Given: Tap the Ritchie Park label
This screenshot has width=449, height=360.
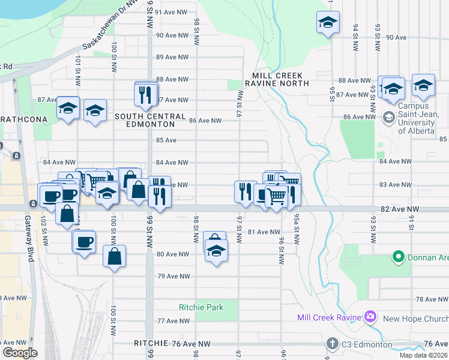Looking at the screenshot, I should (201, 307).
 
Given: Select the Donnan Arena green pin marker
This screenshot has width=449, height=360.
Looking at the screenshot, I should (397, 257).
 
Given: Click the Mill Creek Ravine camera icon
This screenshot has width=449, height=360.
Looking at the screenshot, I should (370, 316).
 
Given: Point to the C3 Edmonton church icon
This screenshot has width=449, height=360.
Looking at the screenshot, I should (333, 344).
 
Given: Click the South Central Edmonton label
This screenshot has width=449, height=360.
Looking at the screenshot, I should (145, 121).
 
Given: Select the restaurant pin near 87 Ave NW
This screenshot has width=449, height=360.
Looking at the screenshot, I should (145, 95).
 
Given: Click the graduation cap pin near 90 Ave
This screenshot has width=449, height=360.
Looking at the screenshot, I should (327, 23).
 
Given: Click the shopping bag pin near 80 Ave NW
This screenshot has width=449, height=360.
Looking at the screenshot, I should (114, 257).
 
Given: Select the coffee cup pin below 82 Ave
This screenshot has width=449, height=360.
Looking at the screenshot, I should (83, 242).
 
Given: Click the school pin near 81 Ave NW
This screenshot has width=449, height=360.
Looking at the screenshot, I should (215, 250).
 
